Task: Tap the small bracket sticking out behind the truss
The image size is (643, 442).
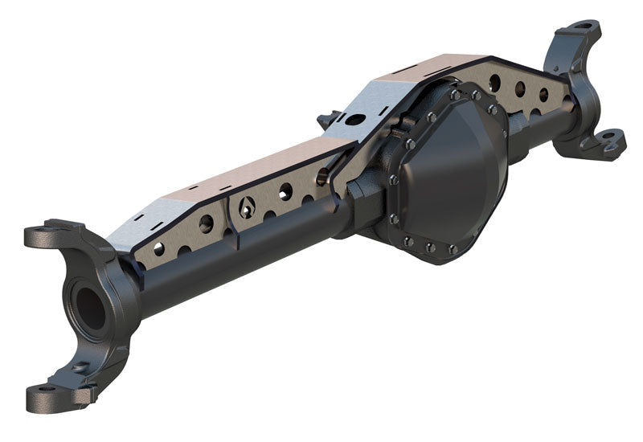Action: tap(326, 121)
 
